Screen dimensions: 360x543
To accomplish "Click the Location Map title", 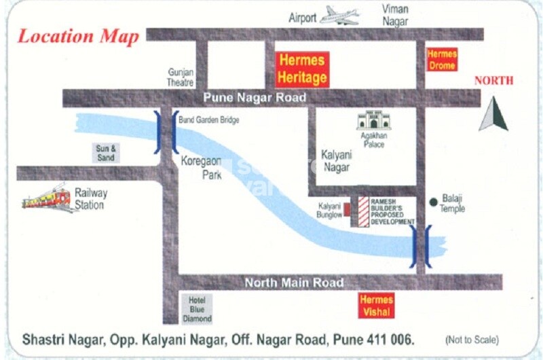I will (78, 36).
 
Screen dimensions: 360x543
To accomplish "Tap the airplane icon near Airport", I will (339, 16).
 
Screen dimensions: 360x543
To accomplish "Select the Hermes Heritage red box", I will (302, 69).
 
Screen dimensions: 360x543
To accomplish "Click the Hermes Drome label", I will (442, 60).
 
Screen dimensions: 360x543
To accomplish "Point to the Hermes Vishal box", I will (376, 306).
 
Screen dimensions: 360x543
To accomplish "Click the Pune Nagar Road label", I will (255, 98).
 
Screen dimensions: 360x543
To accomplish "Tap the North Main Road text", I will (294, 283).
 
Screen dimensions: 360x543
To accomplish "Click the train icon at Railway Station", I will (47, 198).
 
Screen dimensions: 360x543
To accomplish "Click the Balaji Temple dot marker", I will (432, 202).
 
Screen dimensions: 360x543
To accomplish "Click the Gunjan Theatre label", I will (181, 77).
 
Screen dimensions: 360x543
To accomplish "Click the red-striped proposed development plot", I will (363, 211).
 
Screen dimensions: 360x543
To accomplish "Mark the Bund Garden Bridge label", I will (209, 120).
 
